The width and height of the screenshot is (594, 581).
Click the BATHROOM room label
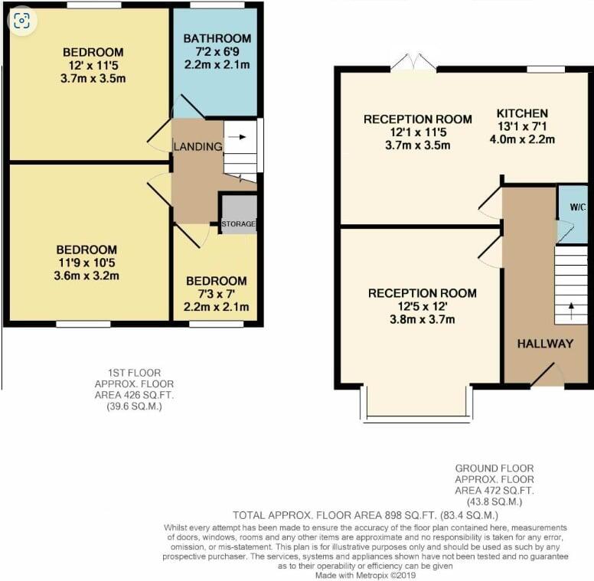[217, 38]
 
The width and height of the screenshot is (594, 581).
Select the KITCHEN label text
[521, 113]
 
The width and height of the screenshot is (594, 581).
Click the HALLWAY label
[544, 344]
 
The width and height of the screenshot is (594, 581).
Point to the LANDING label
[197, 146]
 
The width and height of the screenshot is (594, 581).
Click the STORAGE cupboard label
[239, 224]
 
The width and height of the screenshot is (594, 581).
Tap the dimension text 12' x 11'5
[88, 65]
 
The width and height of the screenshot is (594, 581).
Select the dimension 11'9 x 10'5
[86, 263]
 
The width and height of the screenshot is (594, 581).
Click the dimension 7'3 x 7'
[217, 294]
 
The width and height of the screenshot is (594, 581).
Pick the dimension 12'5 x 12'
[422, 306]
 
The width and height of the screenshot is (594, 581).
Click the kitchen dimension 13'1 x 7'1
[521, 126]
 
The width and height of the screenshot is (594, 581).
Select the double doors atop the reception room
[413, 64]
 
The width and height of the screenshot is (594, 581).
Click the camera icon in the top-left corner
[22, 21]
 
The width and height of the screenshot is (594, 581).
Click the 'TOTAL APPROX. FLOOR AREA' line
[366, 515]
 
